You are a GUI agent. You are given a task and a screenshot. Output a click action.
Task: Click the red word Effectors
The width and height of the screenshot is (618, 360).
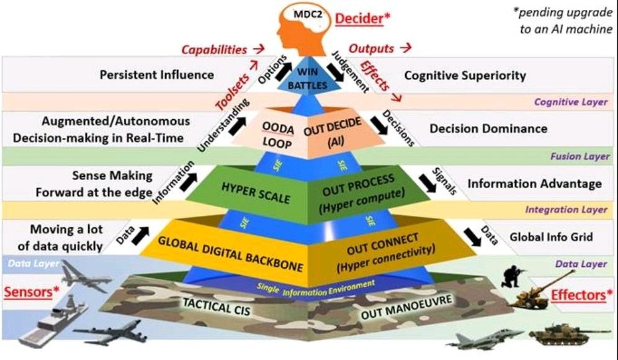[578, 294]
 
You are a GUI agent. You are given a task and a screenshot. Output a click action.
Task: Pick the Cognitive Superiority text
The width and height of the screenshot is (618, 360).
[465, 76]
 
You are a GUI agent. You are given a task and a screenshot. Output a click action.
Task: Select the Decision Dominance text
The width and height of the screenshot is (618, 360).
[488, 128]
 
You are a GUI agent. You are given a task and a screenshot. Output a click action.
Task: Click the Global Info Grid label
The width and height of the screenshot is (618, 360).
[551, 236]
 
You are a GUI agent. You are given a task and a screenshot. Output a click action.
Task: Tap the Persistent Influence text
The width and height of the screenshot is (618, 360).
[156, 75]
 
